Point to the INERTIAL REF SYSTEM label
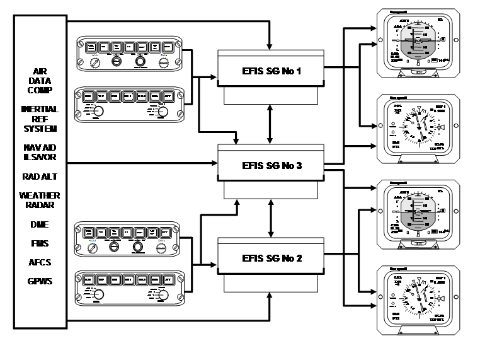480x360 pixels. click(x=40, y=119)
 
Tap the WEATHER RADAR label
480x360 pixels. click(x=40, y=200)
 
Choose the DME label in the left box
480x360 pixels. click(x=40, y=224)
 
